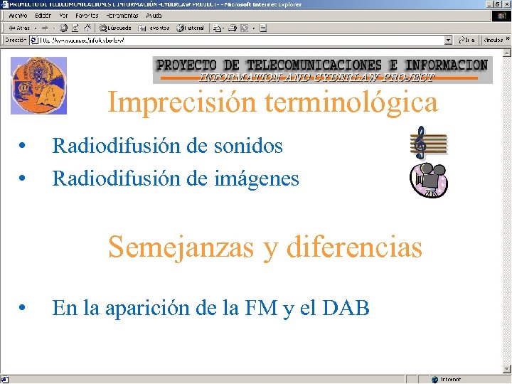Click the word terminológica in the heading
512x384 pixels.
pyautogui.click(x=351, y=103)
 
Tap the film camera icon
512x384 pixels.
pyautogui.click(x=428, y=181)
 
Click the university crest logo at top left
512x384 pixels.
pyautogui.click(x=38, y=85)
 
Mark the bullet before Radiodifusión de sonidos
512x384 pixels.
pyautogui.click(x=24, y=146)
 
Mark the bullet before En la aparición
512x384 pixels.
pyautogui.click(x=24, y=309)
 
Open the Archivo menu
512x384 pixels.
pyautogui.click(x=18, y=15)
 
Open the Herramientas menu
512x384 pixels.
pyautogui.click(x=122, y=15)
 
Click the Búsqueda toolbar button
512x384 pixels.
pyautogui.click(x=114, y=28)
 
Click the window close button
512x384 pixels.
pyautogui.click(x=505, y=4)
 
